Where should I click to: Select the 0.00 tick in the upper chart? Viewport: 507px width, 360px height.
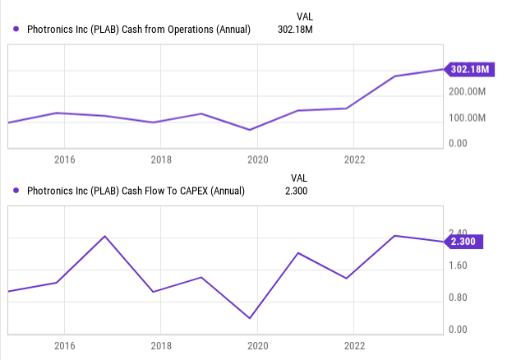click(x=459, y=144)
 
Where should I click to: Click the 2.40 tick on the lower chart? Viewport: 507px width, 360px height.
click(x=457, y=233)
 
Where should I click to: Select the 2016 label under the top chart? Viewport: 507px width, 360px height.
click(x=64, y=159)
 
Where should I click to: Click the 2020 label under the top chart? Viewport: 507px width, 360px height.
click(x=258, y=159)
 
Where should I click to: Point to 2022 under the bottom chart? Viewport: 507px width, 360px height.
click(x=354, y=346)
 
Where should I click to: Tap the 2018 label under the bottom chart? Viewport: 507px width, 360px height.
click(x=161, y=346)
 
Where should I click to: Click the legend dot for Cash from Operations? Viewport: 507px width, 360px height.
click(x=16, y=30)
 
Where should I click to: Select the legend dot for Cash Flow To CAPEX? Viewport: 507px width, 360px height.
click(x=16, y=192)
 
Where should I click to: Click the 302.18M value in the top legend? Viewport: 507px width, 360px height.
click(x=296, y=30)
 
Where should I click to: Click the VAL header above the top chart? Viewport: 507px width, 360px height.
click(x=304, y=16)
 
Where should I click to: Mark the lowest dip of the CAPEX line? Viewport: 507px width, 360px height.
click(x=250, y=318)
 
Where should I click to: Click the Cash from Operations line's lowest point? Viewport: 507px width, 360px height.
click(x=250, y=130)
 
